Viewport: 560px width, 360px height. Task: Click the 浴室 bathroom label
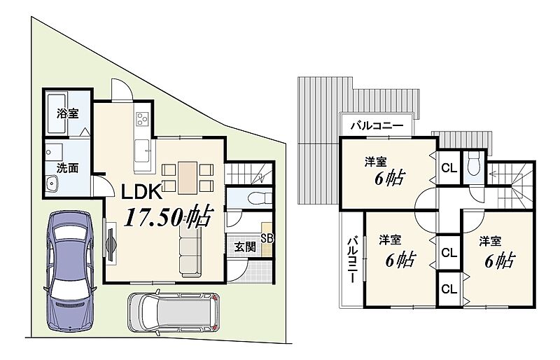tap(67, 113)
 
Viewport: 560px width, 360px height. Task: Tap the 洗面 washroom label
tap(67, 168)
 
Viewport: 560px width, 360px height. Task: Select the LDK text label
tap(142, 192)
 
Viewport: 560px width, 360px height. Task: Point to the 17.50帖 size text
tap(169, 216)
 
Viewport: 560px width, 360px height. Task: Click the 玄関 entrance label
tap(245, 247)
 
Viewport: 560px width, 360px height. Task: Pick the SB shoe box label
tap(267, 239)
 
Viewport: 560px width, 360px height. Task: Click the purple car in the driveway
tap(70, 270)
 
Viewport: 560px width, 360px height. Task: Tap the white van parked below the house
tap(174, 313)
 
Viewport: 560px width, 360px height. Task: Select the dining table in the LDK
tap(188, 178)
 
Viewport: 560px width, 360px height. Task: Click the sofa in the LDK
tap(190, 251)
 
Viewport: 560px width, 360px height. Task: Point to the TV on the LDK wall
tap(111, 243)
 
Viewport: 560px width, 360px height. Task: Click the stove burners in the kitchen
tap(143, 118)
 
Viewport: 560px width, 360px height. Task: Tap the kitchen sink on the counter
tap(142, 151)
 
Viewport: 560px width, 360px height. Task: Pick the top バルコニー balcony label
tap(377, 125)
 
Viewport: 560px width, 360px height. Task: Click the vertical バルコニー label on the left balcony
tap(353, 260)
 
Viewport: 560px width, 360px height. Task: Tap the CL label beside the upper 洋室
tap(449, 167)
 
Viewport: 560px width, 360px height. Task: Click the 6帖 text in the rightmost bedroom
tap(499, 261)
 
